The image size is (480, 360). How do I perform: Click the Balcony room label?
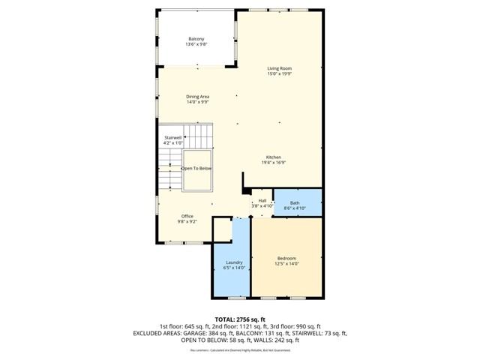(x=196, y=39)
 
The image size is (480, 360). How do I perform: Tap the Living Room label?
(x=279, y=68)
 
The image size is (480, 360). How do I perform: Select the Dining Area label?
(x=197, y=96)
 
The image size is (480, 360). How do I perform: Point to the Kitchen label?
(x=273, y=157)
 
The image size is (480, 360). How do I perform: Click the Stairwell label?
(x=173, y=137)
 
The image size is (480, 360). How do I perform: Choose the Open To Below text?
(x=197, y=169)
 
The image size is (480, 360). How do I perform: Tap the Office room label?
(x=187, y=216)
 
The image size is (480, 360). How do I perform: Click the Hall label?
(x=262, y=200)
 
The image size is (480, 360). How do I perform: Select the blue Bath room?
(x=297, y=202)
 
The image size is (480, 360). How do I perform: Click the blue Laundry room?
(x=233, y=262)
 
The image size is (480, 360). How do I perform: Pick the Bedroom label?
(x=286, y=258)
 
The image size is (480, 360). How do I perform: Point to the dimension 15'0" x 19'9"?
(x=279, y=74)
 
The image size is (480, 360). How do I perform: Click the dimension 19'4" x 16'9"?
(x=273, y=163)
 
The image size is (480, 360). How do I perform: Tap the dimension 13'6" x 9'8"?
(x=196, y=45)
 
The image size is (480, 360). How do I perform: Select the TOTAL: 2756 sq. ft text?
(x=240, y=319)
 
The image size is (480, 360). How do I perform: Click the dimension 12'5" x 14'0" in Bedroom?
(x=286, y=264)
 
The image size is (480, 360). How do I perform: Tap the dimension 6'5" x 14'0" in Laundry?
(x=233, y=268)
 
